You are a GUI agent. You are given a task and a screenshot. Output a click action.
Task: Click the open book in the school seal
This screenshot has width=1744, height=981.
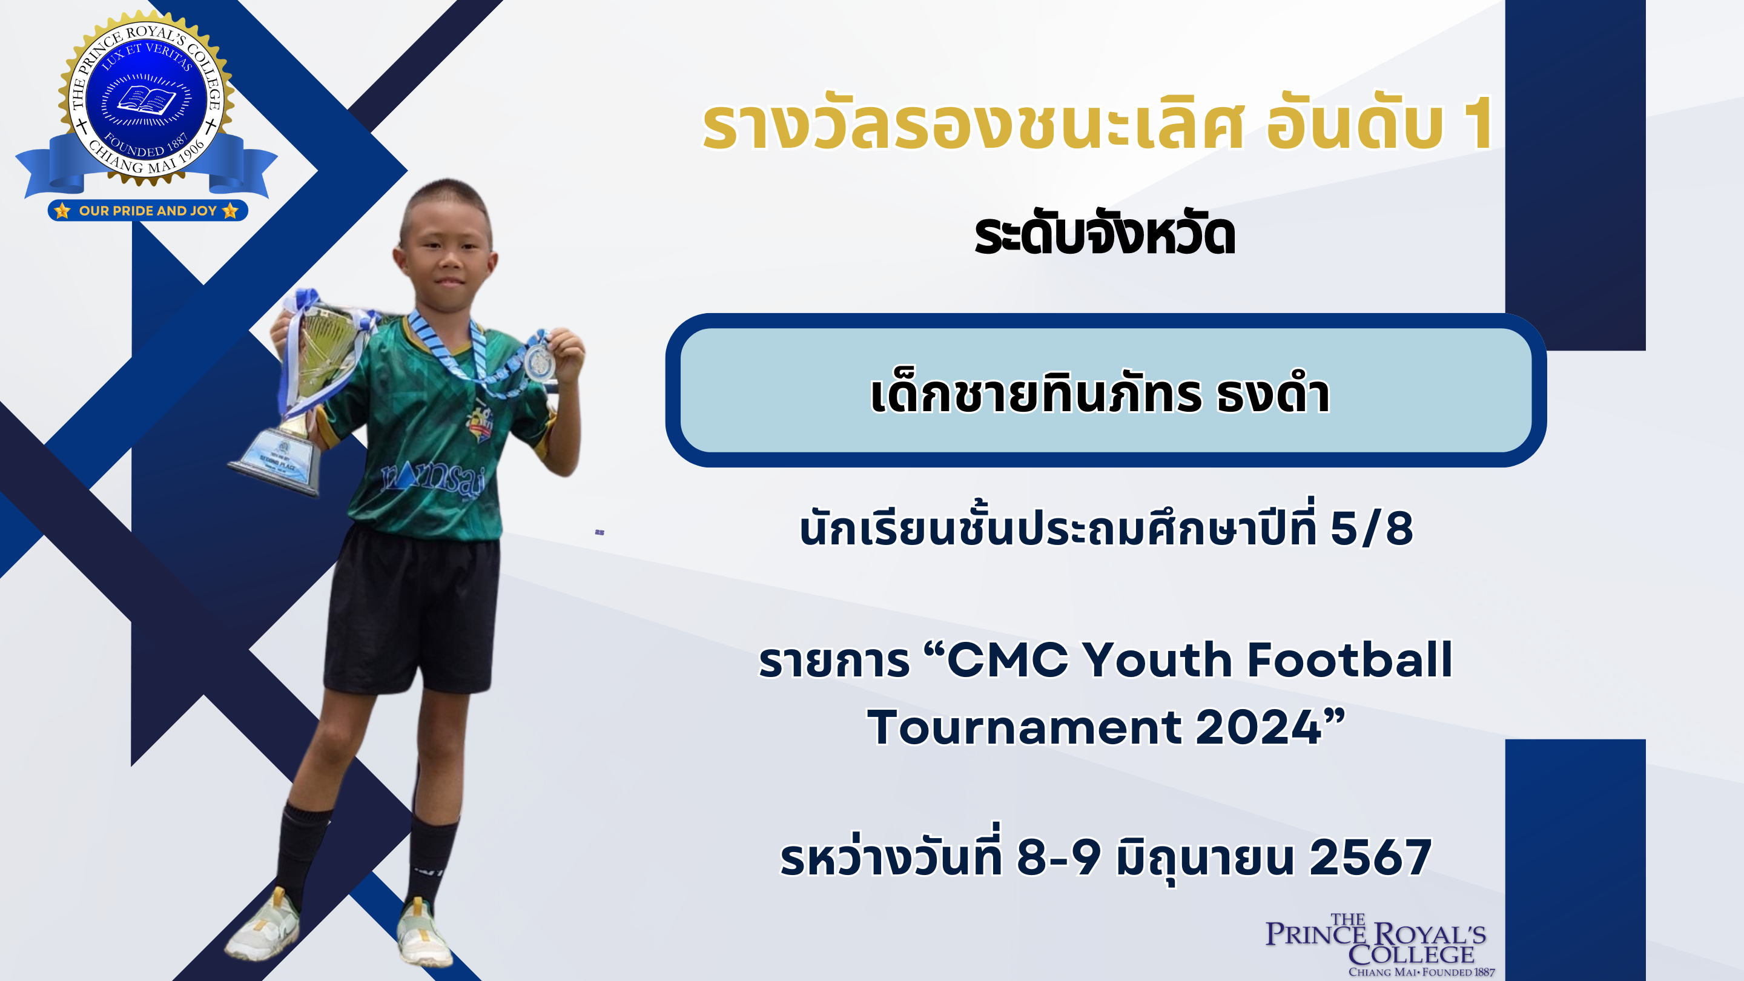coord(146,100)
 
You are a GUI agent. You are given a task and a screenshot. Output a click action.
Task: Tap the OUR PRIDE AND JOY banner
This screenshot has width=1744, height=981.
coord(148,211)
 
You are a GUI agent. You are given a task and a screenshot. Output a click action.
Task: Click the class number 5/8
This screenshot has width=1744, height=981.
coord(1372,528)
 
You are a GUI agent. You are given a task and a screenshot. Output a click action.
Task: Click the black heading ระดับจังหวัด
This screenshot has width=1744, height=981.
coord(1105,235)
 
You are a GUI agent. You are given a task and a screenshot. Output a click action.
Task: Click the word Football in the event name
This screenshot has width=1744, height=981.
coord(1350,659)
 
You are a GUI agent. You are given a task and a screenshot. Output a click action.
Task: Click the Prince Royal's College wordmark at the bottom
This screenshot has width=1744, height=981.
coord(1377,945)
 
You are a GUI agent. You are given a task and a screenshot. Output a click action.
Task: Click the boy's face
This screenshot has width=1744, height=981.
coord(448,257)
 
